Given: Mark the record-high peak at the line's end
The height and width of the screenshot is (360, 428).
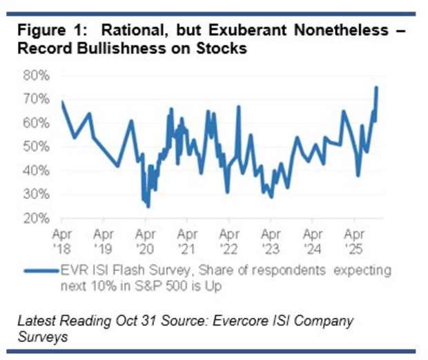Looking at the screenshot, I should (x=377, y=86).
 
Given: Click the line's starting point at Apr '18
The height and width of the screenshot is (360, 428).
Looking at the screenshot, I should (x=62, y=102).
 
